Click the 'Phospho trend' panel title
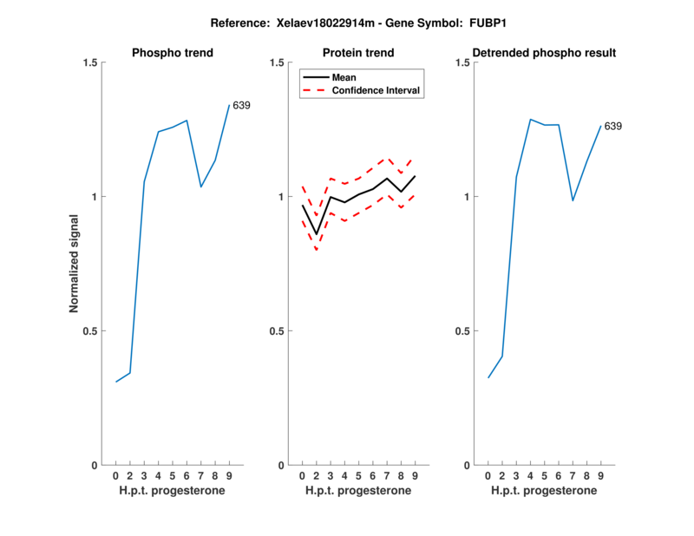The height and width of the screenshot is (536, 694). pyautogui.click(x=173, y=53)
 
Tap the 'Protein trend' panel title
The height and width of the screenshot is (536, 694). pyautogui.click(x=358, y=53)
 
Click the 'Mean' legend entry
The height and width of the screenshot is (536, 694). pyautogui.click(x=344, y=77)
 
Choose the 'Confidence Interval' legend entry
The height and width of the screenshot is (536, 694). pyautogui.click(x=376, y=90)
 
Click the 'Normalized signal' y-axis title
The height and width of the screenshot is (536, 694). pyautogui.click(x=75, y=264)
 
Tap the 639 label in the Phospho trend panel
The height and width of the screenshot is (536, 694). pyautogui.click(x=241, y=106)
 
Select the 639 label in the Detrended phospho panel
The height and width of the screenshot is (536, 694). pyautogui.click(x=612, y=127)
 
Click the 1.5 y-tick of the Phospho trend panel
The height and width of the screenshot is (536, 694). pyautogui.click(x=88, y=62)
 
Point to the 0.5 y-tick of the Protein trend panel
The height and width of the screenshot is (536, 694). pyautogui.click(x=277, y=331)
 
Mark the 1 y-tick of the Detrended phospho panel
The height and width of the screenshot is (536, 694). pyautogui.click(x=466, y=197)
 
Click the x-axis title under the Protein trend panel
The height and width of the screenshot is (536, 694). pyautogui.click(x=358, y=491)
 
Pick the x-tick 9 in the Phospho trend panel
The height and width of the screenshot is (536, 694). pyautogui.click(x=229, y=475)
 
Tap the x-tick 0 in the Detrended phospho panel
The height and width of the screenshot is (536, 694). pyautogui.click(x=488, y=475)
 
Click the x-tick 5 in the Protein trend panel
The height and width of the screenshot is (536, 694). pyautogui.click(x=358, y=475)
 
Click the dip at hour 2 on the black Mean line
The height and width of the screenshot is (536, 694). pyautogui.click(x=317, y=234)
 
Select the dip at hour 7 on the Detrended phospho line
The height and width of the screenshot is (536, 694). pyautogui.click(x=573, y=200)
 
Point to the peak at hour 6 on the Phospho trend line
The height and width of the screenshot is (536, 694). pyautogui.click(x=187, y=121)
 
